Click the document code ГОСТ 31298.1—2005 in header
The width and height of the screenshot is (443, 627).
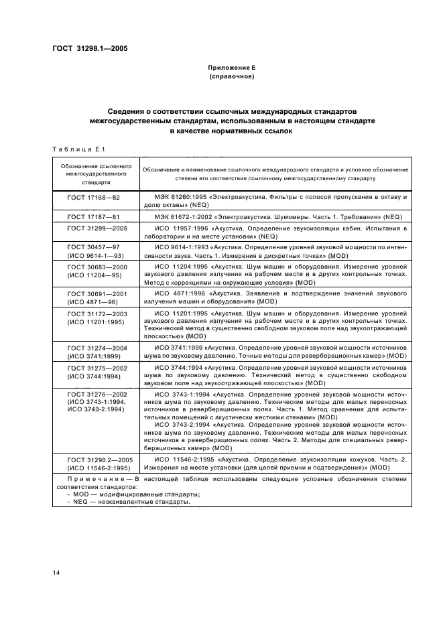[x=90, y=48]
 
